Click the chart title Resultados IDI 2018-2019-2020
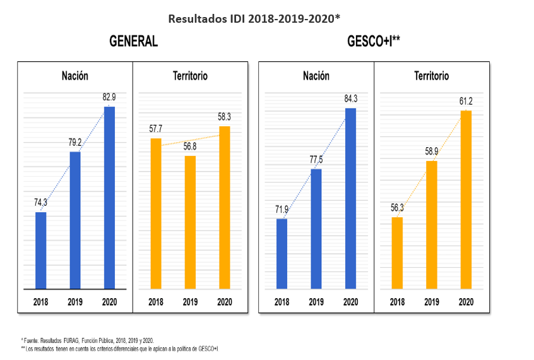click(x=254, y=18)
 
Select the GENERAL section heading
click(x=133, y=42)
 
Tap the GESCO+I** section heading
click(x=374, y=42)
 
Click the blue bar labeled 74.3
click(x=41, y=251)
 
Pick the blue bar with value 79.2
click(x=75, y=220)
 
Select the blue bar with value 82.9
click(x=109, y=198)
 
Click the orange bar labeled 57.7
click(x=156, y=213)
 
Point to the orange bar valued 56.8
click(x=190, y=222)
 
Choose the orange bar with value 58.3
click(x=224, y=208)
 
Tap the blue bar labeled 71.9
click(x=282, y=254)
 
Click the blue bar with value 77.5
click(x=316, y=229)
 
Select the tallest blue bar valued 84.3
click(x=350, y=199)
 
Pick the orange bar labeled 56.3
click(x=397, y=253)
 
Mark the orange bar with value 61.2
click(x=466, y=200)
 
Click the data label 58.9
click(x=431, y=152)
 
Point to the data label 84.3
click(x=350, y=99)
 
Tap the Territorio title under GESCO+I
click(x=432, y=76)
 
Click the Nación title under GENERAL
click(x=75, y=76)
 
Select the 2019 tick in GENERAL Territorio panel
click(x=190, y=302)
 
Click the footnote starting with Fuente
click(x=88, y=340)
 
